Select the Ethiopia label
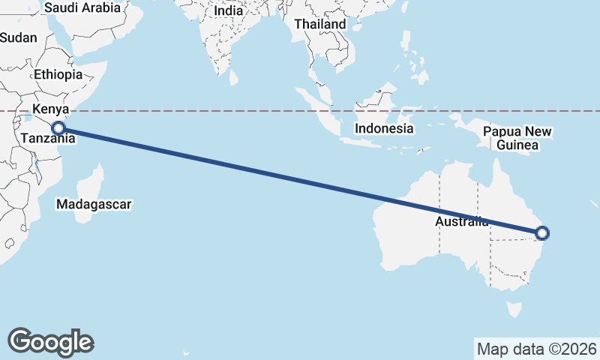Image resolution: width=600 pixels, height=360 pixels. point(58,75)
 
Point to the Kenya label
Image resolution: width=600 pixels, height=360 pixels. point(50,110)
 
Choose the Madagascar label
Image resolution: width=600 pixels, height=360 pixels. point(94,204)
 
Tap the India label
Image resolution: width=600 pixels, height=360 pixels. point(228,11)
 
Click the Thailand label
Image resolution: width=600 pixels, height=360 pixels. point(320,24)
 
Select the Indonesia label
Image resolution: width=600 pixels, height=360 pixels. point(384,128)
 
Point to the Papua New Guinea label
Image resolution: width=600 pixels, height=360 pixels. point(517,139)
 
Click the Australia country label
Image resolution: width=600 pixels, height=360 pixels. point(461,222)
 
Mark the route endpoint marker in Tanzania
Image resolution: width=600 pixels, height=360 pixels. point(58,128)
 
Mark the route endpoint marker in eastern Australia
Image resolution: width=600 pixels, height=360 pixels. point(543,233)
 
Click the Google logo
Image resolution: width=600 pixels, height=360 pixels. point(50,341)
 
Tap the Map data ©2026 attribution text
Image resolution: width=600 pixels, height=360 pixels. point(537,349)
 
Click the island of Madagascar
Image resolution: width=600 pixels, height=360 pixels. point(90,184)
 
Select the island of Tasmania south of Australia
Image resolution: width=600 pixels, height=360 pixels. point(514,309)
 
